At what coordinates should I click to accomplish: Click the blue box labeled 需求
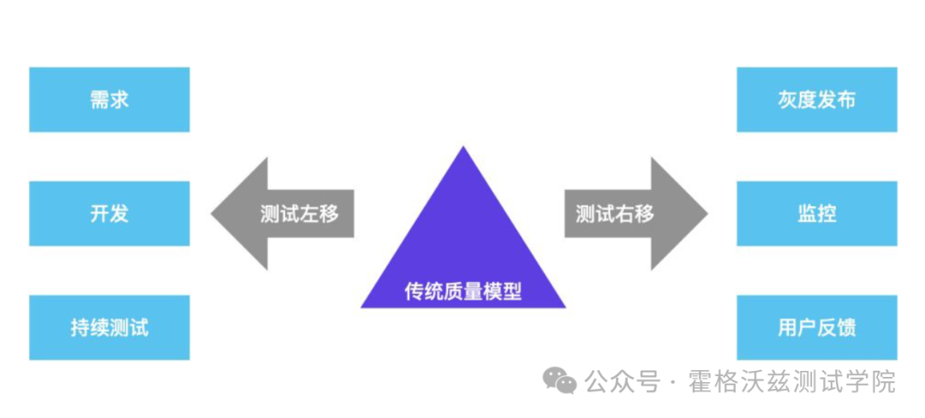click(109, 100)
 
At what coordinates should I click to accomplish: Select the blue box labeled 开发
click(109, 213)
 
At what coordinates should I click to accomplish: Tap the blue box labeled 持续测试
click(109, 327)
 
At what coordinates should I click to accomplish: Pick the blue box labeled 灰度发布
click(816, 100)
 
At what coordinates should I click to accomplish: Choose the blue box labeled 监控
click(816, 213)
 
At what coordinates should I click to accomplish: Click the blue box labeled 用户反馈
click(816, 327)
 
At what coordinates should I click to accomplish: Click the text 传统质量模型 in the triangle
click(462, 292)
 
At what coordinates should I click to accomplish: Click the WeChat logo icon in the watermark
click(563, 380)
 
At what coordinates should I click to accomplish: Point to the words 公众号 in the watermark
click(623, 381)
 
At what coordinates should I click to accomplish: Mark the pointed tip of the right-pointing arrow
click(707, 213)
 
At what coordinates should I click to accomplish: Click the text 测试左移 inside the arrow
click(299, 213)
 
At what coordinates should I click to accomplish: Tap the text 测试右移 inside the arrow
click(614, 213)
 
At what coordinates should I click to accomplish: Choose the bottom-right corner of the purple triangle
click(564, 306)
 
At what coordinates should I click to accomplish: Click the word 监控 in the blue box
click(816, 213)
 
